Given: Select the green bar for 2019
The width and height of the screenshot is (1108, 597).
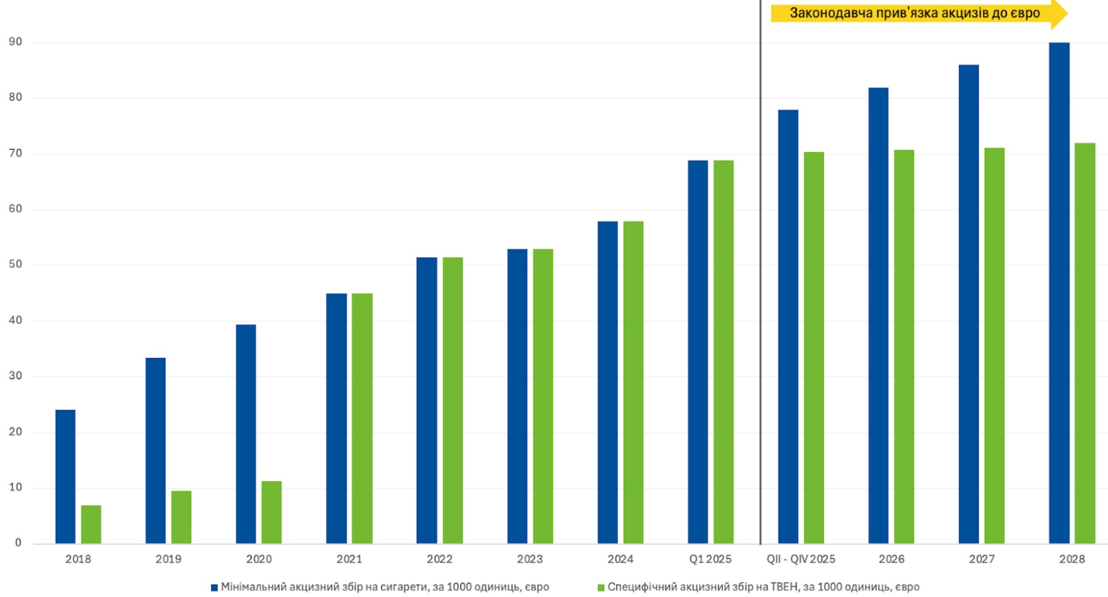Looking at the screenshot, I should [181, 517].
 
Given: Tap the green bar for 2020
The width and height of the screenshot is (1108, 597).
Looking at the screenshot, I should [271, 512].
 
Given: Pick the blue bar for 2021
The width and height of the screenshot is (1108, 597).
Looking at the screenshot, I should [336, 419].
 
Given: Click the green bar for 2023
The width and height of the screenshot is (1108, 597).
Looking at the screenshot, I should [542, 396].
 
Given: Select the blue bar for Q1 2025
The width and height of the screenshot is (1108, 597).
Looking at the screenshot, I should [698, 352].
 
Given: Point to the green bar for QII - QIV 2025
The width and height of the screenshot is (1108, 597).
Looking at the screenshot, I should [814, 348].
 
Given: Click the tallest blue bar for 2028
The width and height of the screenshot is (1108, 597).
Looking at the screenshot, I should [1059, 293].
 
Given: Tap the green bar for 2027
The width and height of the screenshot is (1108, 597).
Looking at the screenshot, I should [994, 346].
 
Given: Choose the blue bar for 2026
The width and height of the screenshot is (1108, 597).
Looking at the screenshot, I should [878, 315].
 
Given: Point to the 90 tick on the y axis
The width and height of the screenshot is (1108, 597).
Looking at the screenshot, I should [15, 42].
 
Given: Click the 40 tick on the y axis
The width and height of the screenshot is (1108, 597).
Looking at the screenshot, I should [15, 320].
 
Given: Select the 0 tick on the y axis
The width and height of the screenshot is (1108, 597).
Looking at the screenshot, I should [18, 543].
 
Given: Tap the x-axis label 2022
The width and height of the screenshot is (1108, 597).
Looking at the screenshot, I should [439, 559].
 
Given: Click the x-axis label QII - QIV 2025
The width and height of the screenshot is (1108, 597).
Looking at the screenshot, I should [801, 559].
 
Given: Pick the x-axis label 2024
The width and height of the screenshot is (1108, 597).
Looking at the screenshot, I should [620, 559].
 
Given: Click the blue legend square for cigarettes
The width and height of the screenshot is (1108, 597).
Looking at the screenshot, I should [214, 588].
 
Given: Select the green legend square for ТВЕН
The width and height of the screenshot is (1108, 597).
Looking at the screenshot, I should [601, 588].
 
